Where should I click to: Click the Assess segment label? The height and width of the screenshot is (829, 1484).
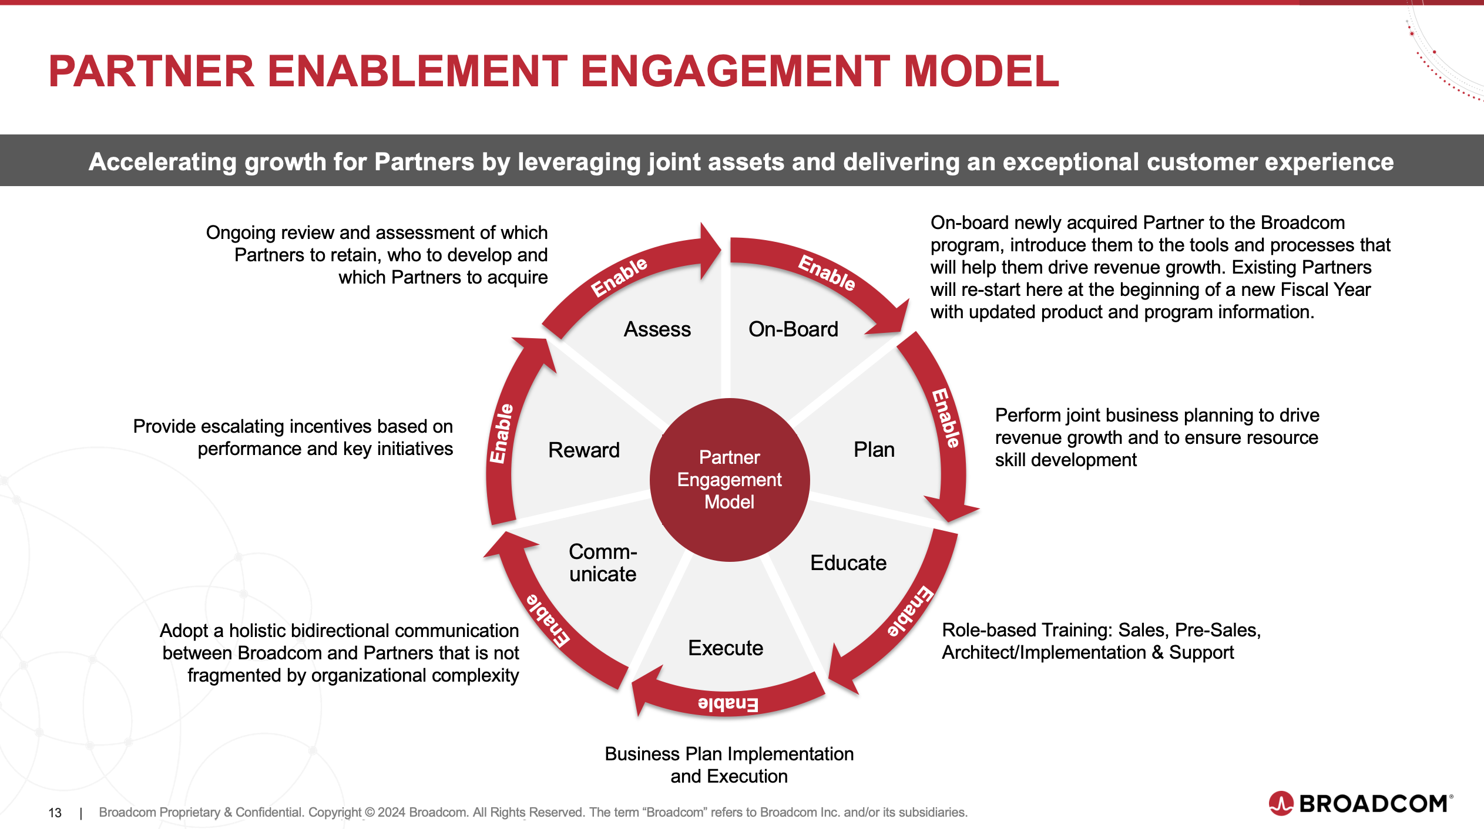(x=657, y=329)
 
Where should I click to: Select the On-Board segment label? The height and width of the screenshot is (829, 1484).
(x=793, y=329)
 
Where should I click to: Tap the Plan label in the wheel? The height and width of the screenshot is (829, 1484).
(x=874, y=450)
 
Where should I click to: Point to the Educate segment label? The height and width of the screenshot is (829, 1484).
(x=848, y=563)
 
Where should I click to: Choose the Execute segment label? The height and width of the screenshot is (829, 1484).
(x=726, y=648)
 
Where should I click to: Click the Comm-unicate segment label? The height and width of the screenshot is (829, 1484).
(x=603, y=563)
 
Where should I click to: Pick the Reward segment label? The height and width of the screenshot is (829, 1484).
(x=583, y=450)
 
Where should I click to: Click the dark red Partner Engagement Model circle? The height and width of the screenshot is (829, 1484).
(x=730, y=480)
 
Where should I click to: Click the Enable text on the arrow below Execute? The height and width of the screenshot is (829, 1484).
(x=728, y=703)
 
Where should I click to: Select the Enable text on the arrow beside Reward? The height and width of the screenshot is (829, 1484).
(x=502, y=433)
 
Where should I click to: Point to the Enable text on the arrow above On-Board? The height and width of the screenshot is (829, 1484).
(x=827, y=273)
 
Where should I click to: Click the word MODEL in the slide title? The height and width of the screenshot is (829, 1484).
(x=981, y=72)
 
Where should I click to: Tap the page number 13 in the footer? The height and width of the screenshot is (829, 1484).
(x=55, y=813)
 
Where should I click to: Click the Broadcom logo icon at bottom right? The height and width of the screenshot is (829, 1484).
(x=1281, y=803)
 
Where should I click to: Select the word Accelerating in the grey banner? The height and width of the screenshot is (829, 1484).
(x=162, y=162)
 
